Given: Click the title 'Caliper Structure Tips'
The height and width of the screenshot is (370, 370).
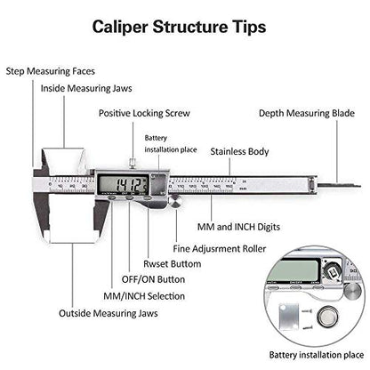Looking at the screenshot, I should (184, 26).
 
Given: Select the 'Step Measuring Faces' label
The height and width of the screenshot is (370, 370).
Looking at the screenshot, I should (51, 70).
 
